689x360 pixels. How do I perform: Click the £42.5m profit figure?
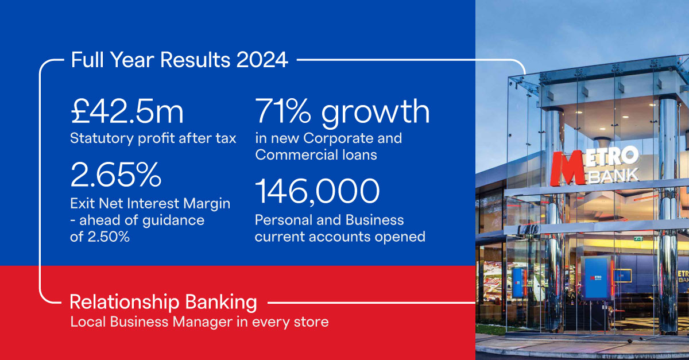click(127, 111)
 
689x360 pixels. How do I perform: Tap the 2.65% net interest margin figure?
click(115, 175)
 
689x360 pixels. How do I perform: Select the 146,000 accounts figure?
click(318, 191)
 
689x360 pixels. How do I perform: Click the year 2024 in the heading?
click(262, 60)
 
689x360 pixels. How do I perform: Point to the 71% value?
click(283, 111)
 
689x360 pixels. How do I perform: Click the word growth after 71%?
click(376, 113)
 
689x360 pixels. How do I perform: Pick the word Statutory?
click(102, 138)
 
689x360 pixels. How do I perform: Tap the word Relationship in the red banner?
click(125, 303)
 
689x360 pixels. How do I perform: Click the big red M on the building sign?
click(567, 169)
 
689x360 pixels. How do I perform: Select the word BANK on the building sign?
click(613, 176)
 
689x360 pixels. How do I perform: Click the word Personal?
click(283, 220)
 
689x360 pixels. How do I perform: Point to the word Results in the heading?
click(195, 60)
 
